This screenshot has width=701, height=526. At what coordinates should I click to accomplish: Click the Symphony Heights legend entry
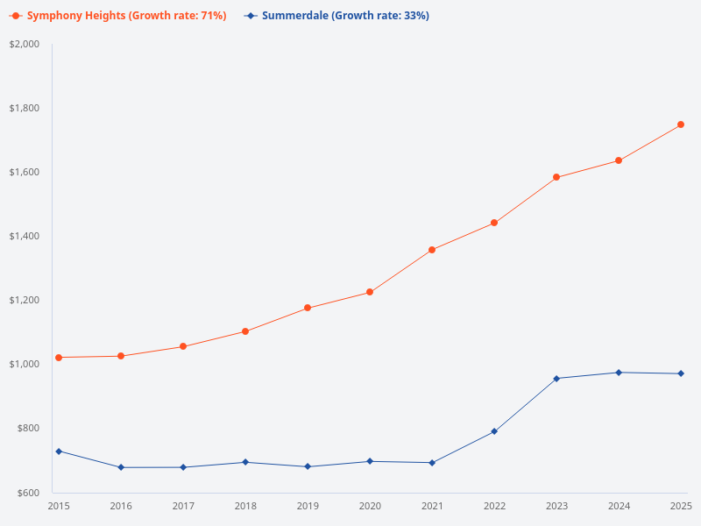coord(118,16)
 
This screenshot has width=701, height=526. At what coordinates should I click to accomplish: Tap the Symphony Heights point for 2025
coord(681,124)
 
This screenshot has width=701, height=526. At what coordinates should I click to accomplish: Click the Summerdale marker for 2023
coord(556,379)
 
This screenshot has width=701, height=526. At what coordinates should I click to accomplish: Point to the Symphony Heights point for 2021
coord(432,250)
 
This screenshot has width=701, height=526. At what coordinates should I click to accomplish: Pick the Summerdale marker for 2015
coord(59,451)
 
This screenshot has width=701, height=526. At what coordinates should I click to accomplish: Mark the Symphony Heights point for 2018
coord(245,331)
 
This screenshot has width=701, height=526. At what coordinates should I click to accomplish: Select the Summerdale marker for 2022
coord(494,431)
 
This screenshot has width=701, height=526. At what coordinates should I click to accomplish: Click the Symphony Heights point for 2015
coord(59,358)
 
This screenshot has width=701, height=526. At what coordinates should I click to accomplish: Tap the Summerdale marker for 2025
coord(681,374)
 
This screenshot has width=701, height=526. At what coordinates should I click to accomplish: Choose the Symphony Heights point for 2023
coord(556,178)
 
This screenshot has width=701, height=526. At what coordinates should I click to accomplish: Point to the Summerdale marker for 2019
coord(308,466)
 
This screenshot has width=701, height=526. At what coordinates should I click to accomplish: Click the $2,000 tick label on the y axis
coord(25,44)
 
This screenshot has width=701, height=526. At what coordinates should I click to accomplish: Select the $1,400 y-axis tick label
coord(25,236)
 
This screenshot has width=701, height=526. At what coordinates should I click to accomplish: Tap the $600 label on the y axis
coord(29,493)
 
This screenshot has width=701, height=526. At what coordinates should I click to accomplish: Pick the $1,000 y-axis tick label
coord(25,364)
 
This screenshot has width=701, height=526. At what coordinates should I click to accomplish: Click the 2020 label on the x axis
coord(370,506)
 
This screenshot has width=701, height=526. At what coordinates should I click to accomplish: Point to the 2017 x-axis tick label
coord(183,506)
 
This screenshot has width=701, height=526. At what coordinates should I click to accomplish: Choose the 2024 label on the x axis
coord(619,506)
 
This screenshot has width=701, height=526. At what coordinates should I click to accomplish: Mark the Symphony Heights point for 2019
coord(308,308)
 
